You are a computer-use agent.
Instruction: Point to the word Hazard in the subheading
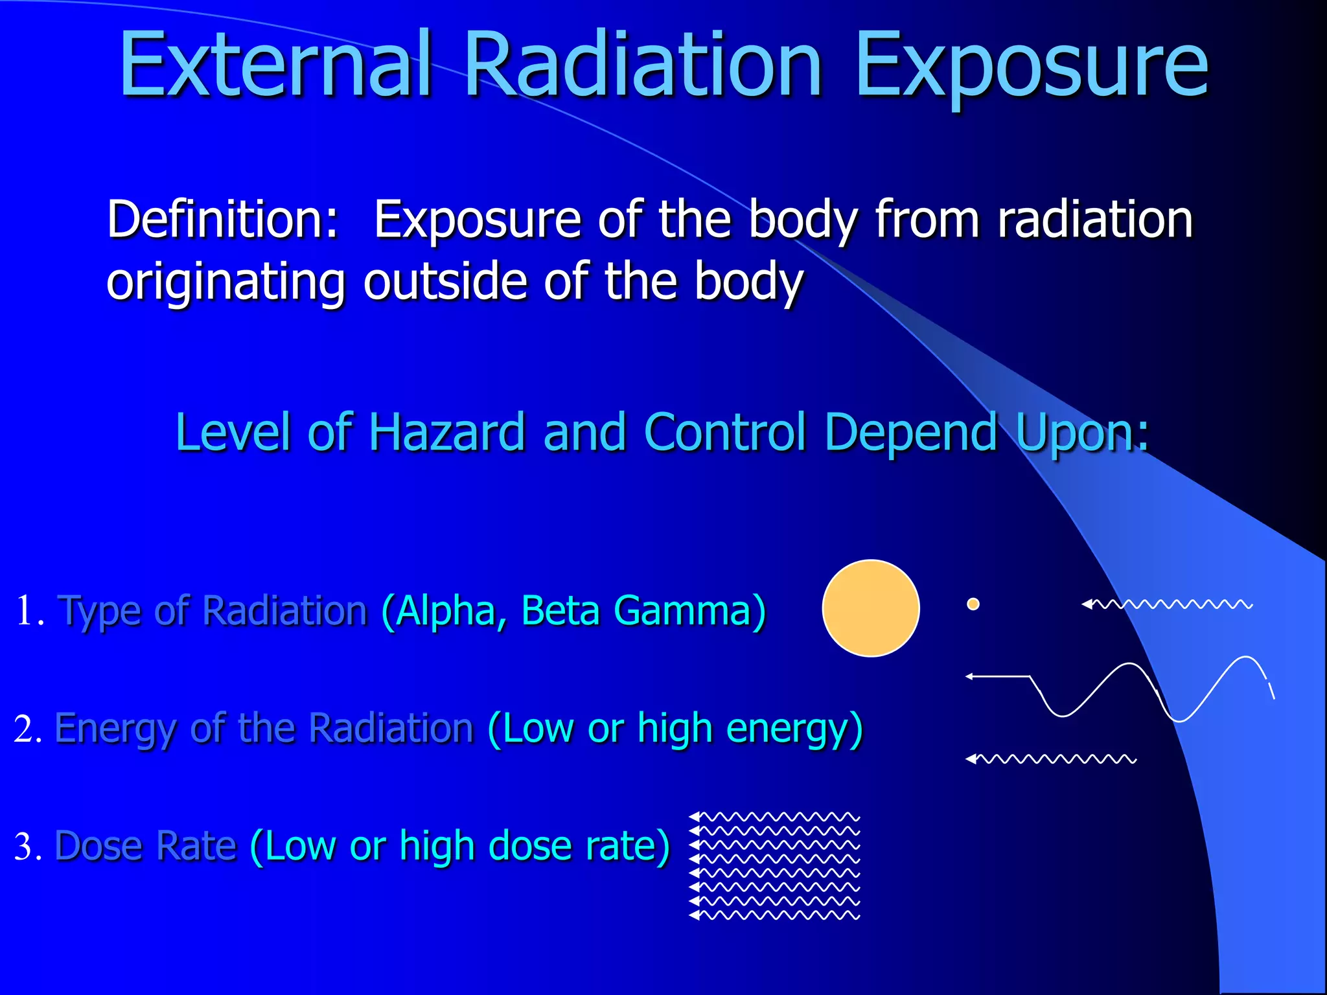click(x=446, y=432)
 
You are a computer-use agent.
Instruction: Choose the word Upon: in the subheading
click(x=1082, y=432)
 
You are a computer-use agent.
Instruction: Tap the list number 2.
click(x=27, y=729)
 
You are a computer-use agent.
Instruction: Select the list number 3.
click(x=27, y=847)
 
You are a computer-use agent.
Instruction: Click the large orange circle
click(x=870, y=608)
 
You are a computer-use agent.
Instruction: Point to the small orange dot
click(x=973, y=604)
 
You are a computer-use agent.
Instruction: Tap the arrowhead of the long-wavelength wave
click(x=970, y=676)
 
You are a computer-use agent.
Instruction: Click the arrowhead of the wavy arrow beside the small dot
click(x=1087, y=604)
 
